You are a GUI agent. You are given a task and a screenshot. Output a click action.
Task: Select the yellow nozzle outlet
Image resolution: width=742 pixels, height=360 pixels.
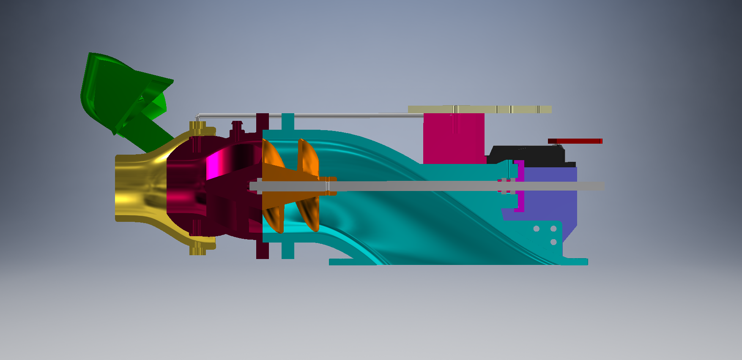(135, 188)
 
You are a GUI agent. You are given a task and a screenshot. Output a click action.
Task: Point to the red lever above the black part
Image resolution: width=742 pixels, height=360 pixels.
(575, 141)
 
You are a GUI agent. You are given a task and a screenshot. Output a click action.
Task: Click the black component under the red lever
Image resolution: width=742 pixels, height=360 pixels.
(528, 155)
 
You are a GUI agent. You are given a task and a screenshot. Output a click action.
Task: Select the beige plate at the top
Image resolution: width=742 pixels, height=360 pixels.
(479, 109)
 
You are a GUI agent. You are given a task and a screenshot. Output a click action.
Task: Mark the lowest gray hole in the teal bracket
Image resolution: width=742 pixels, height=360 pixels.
(553, 242)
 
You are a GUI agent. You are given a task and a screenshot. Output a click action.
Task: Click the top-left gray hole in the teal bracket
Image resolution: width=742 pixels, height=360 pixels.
(537, 229)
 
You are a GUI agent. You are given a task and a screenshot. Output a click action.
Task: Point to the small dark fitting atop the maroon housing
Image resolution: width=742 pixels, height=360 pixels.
(237, 126)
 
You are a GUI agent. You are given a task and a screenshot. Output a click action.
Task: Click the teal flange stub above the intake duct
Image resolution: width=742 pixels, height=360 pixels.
(288, 121)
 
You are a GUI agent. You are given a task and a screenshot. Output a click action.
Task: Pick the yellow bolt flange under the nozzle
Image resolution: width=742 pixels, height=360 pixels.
(198, 249)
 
